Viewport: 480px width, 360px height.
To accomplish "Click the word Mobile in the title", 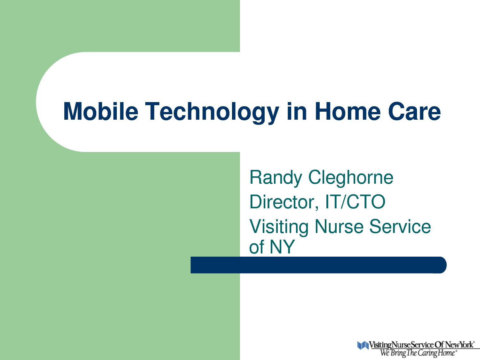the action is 101,111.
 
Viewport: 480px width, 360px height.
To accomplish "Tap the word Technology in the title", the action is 212,113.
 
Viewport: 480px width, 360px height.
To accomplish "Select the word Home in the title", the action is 348,111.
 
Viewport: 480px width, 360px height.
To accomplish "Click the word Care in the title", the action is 414,111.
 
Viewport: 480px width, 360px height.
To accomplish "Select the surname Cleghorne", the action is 351,177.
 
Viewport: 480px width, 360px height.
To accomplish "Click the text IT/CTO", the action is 355,202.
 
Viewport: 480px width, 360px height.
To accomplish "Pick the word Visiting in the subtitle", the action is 279,228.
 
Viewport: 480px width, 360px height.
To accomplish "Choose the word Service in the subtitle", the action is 400,227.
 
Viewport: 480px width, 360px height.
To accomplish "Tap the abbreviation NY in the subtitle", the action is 282,246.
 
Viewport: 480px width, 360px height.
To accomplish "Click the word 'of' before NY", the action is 257,246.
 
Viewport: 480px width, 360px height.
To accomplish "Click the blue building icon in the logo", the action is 363,345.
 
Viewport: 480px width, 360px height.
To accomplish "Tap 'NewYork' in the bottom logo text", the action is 459,345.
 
